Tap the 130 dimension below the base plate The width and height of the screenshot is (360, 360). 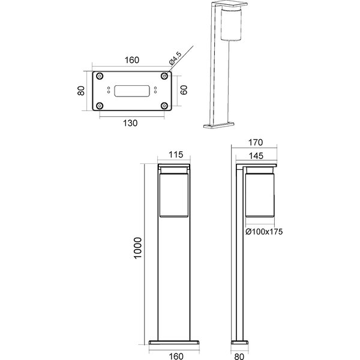pyautogui.click(x=131, y=123)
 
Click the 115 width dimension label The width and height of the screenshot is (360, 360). pyautogui.click(x=175, y=155)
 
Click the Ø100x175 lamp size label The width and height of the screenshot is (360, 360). pyautogui.click(x=263, y=230)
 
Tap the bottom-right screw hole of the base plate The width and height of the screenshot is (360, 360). pyautogui.click(x=164, y=106)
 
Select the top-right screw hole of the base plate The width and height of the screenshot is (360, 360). pyautogui.click(x=164, y=77)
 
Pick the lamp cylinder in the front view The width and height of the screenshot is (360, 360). pyautogui.click(x=175, y=193)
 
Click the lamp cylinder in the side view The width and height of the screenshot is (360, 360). pyautogui.click(x=260, y=193)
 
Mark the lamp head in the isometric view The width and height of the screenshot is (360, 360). pyautogui.click(x=230, y=24)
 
